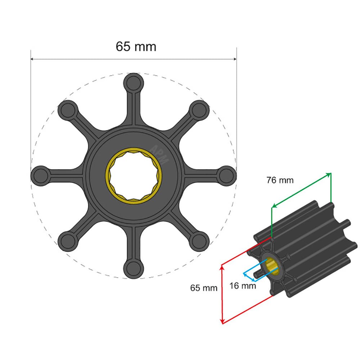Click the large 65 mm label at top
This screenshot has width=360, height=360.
(x=136, y=46)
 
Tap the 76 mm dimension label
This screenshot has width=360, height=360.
(x=280, y=180)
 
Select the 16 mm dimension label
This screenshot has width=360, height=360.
(x=243, y=286)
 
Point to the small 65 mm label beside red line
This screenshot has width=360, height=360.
(x=204, y=288)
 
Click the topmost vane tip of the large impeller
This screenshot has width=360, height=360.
(x=134, y=82)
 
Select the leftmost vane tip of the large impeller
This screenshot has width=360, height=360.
(x=41, y=176)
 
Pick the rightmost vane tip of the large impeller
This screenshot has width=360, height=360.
(x=227, y=176)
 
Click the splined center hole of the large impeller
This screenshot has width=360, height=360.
(x=134, y=176)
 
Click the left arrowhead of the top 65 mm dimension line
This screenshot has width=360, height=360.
(x=33, y=59)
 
